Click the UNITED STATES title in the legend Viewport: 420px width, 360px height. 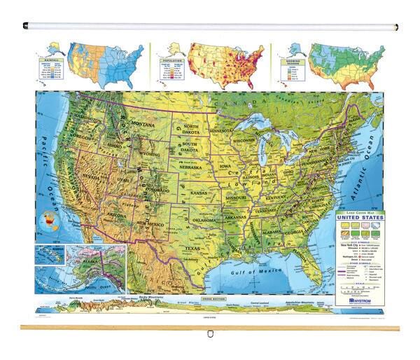click(360, 217)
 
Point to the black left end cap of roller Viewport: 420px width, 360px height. click(25, 27)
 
